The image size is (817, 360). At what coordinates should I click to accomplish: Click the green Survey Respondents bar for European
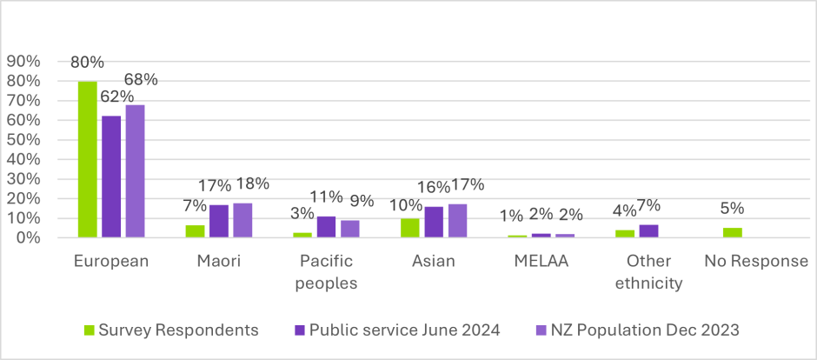pos(87,159)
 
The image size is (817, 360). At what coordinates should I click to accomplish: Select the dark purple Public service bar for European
pos(111,177)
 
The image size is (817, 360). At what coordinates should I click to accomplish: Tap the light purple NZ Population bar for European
pos(135,170)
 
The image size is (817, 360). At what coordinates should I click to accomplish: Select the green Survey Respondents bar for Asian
pos(411,228)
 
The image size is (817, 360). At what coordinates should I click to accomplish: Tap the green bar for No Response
pos(734,232)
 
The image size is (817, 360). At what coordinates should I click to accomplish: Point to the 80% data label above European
pos(87,63)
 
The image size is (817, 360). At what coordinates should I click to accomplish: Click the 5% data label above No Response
pos(734,209)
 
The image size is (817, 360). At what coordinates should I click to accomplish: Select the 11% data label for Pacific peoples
pos(327,197)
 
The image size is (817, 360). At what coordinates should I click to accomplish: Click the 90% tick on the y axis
pos(23,61)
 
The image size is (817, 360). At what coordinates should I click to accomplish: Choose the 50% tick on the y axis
pos(23,139)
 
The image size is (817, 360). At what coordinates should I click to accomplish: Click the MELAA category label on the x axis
pos(541,261)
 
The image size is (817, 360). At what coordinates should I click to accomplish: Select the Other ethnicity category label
pos(648,271)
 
